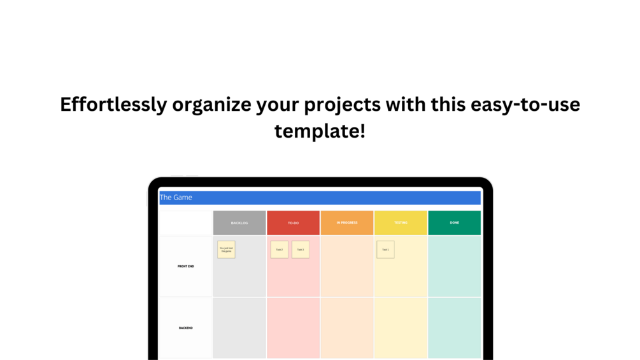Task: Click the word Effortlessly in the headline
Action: pos(113,104)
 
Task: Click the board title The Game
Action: pos(176,198)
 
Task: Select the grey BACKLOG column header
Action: pos(239,223)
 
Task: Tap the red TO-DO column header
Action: pos(293,223)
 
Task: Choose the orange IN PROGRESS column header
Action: pos(347,223)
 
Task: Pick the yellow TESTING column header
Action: pos(401,223)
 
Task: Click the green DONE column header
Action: pos(454,223)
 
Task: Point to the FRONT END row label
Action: pos(186,266)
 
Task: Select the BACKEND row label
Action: pos(186,328)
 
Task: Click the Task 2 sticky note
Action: pos(280,250)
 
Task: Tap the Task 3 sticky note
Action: pos(301,250)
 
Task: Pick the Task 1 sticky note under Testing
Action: pos(385,250)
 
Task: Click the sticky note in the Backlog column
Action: pos(226,250)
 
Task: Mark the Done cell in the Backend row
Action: pos(454,328)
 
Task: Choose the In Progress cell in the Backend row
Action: pos(347,328)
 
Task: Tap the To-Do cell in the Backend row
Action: pos(293,328)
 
